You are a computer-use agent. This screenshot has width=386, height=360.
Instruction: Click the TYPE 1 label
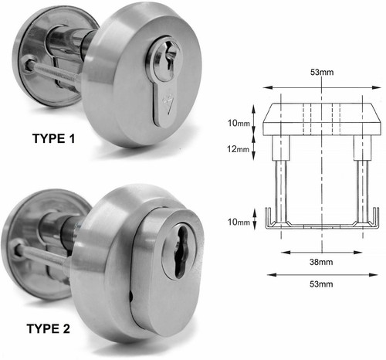54,138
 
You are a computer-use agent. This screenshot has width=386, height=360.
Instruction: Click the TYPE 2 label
49,329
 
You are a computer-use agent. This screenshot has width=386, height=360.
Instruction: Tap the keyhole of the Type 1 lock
168,59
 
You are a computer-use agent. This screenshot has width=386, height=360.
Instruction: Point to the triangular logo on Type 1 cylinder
167,104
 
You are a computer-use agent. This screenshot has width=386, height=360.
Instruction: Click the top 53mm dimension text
322,72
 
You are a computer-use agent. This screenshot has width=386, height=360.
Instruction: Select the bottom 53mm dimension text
321,284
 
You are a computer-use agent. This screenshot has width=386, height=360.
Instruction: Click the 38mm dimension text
321,262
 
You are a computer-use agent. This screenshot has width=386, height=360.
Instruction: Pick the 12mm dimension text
239,149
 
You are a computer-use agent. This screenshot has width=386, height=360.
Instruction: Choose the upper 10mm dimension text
239,123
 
